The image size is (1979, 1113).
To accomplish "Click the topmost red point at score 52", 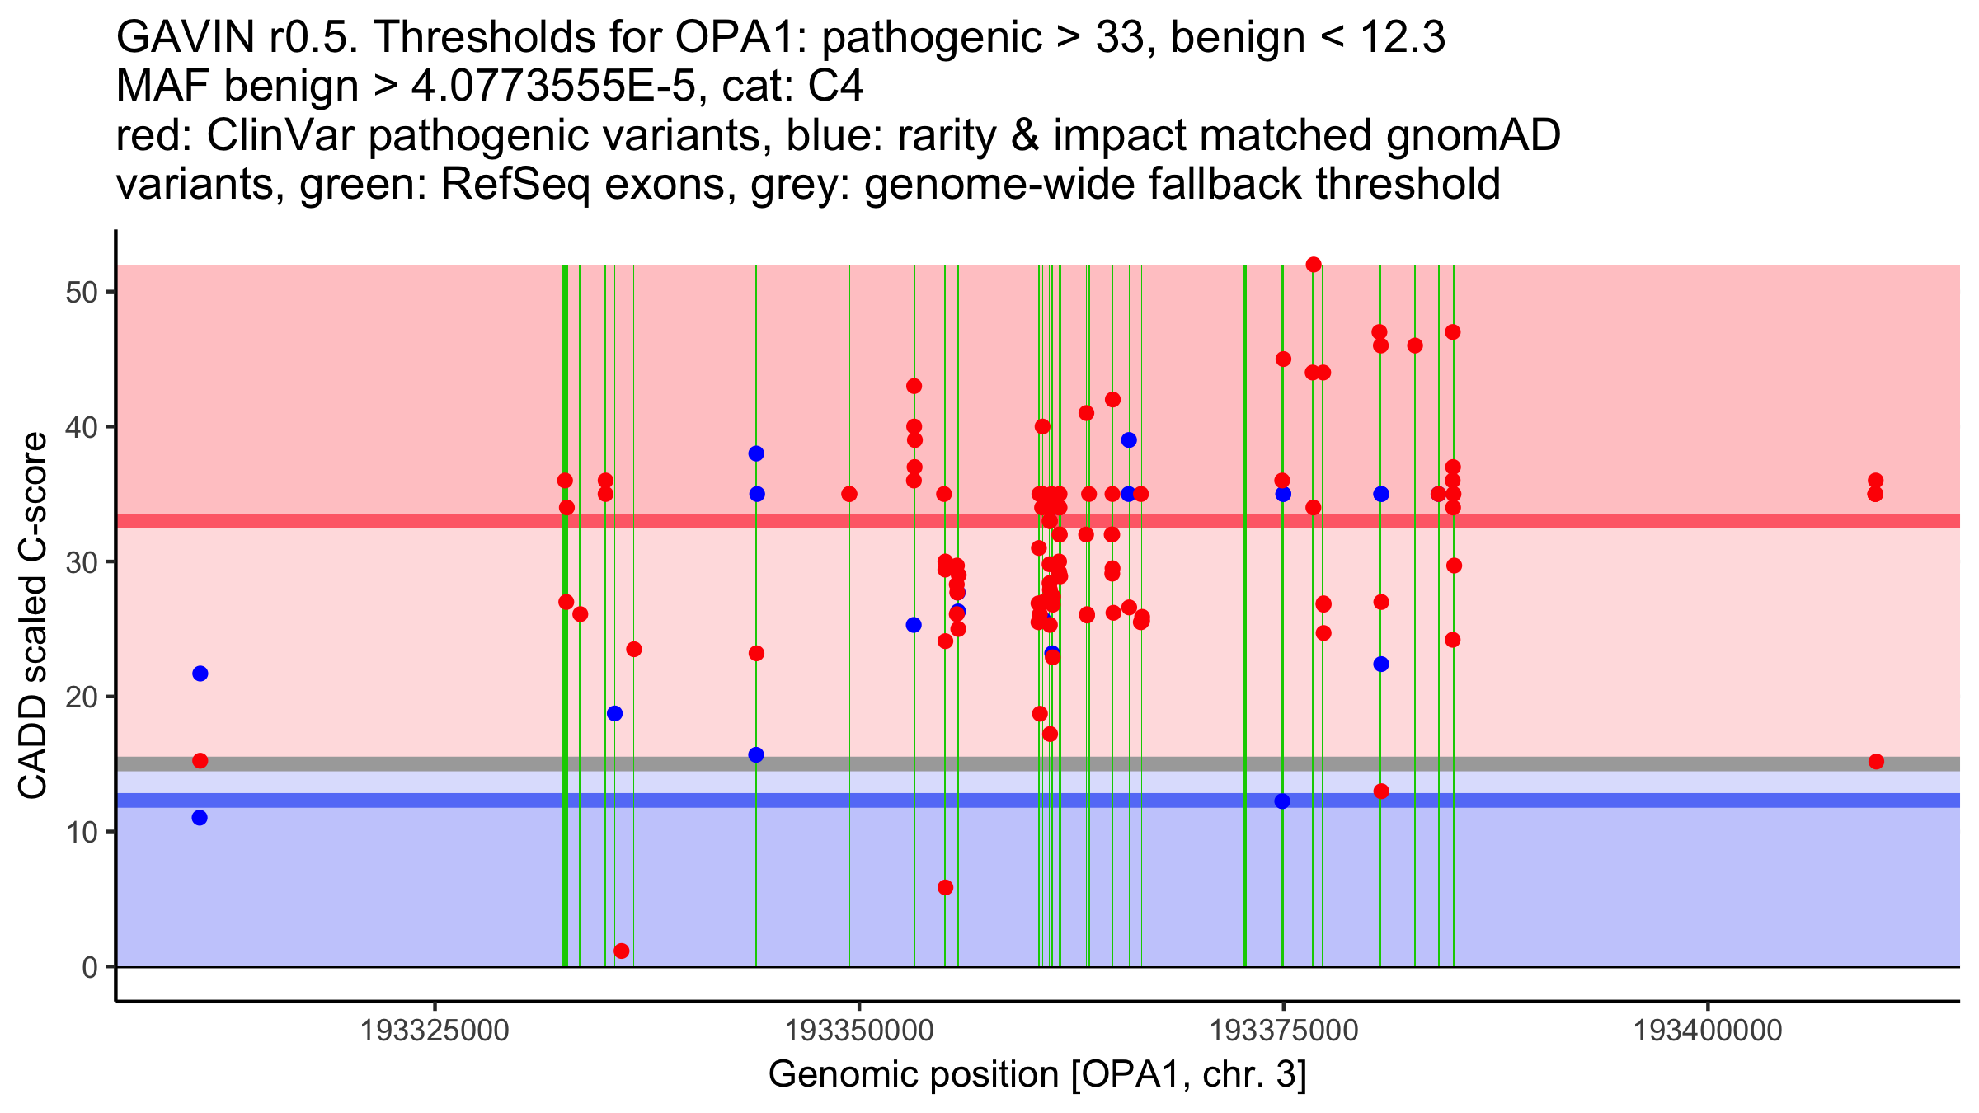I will point(1314,265).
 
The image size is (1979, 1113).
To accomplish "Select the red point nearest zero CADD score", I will point(622,951).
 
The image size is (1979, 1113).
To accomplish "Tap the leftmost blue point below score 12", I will point(200,818).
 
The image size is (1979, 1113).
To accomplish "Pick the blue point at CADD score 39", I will point(1129,440).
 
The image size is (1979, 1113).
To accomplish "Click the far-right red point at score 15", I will point(1876,761).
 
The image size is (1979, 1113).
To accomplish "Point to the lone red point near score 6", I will point(945,887).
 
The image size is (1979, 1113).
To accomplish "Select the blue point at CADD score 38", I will point(756,453).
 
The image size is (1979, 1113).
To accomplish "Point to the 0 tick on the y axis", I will point(90,967).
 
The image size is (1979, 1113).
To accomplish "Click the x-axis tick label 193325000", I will point(435,1031).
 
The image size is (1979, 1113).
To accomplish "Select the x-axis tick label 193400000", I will point(1708,1031).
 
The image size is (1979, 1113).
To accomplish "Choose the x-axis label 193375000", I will point(1283,1031).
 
